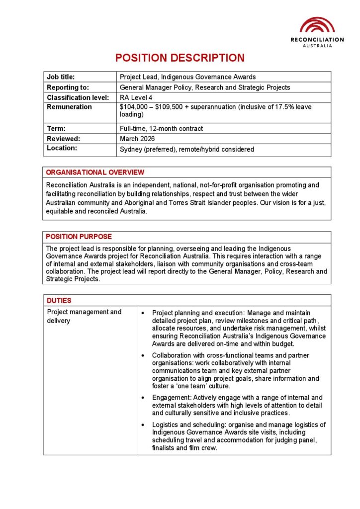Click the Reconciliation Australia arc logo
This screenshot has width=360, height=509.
click(317, 25)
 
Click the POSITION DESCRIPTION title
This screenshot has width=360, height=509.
click(180, 58)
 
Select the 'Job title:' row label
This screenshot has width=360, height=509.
click(61, 77)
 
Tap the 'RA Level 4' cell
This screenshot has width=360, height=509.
click(136, 97)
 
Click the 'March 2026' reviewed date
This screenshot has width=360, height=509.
click(137, 139)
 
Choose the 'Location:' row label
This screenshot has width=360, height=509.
click(62, 148)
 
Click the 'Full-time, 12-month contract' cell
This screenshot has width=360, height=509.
click(161, 128)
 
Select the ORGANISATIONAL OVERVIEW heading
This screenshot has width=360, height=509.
click(95, 172)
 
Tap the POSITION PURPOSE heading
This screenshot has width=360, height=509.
click(79, 237)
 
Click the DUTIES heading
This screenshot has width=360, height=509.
click(59, 300)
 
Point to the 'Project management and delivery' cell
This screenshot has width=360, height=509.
click(84, 316)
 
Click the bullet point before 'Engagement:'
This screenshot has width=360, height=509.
click(143, 398)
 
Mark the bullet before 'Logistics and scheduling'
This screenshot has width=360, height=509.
click(143, 425)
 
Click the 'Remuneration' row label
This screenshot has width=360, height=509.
click(69, 107)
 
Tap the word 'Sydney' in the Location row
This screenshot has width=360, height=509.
click(131, 149)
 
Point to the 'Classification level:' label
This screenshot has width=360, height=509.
click(78, 97)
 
